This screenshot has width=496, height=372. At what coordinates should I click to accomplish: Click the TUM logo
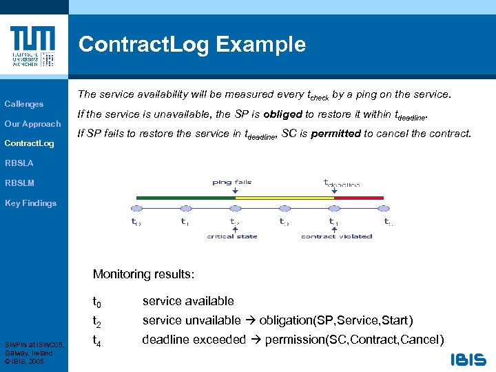(x=33, y=46)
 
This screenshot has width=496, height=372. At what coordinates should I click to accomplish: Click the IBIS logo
(x=468, y=359)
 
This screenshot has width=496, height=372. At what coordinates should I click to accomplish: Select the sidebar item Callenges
(x=24, y=104)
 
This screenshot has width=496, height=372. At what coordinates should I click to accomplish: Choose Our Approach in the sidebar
(x=33, y=124)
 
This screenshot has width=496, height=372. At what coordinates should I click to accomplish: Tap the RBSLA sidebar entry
(x=19, y=163)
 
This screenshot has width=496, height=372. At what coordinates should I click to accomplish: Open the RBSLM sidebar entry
(x=19, y=183)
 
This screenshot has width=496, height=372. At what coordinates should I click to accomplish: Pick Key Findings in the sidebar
(x=30, y=203)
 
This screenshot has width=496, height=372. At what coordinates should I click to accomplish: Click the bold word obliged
(x=280, y=114)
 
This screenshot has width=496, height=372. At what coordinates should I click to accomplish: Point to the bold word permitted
(x=335, y=133)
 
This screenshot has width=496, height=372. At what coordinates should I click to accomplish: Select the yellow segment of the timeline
(x=285, y=198)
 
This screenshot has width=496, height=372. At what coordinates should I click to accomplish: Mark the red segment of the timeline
(x=358, y=198)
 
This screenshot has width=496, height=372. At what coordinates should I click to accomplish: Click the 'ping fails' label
(x=232, y=183)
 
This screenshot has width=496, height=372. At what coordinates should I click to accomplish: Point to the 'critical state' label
(x=232, y=236)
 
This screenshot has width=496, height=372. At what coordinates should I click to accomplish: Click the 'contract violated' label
(x=336, y=236)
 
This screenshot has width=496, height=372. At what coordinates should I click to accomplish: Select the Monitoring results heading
(x=143, y=274)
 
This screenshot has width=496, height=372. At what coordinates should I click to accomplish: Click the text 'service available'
(x=188, y=301)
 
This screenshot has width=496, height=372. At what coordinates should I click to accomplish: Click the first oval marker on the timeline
(x=136, y=208)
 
